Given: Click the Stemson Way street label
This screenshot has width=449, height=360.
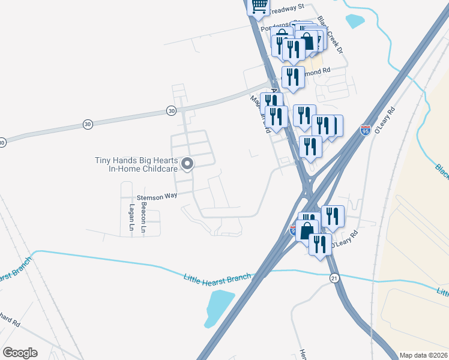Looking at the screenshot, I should (157, 196).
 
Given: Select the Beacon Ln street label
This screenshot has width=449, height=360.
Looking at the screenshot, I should (144, 217).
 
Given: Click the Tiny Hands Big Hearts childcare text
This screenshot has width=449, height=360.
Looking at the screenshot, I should (136, 164).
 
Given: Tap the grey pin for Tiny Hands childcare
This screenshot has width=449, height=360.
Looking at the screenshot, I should (187, 163).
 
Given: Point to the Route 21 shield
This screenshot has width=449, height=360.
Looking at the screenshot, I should (334, 277).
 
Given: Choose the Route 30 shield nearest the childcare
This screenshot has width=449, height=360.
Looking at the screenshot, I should (171, 111).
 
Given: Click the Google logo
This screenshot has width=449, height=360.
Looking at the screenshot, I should (20, 353).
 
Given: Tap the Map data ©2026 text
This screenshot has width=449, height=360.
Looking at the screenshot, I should (423, 355).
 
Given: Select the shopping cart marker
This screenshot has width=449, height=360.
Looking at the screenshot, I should (259, 6).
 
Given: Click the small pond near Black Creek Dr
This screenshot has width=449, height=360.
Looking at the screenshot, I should (355, 21).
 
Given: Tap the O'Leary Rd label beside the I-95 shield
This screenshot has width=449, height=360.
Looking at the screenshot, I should (385, 121).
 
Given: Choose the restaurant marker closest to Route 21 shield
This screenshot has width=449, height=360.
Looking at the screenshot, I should (321, 243).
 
